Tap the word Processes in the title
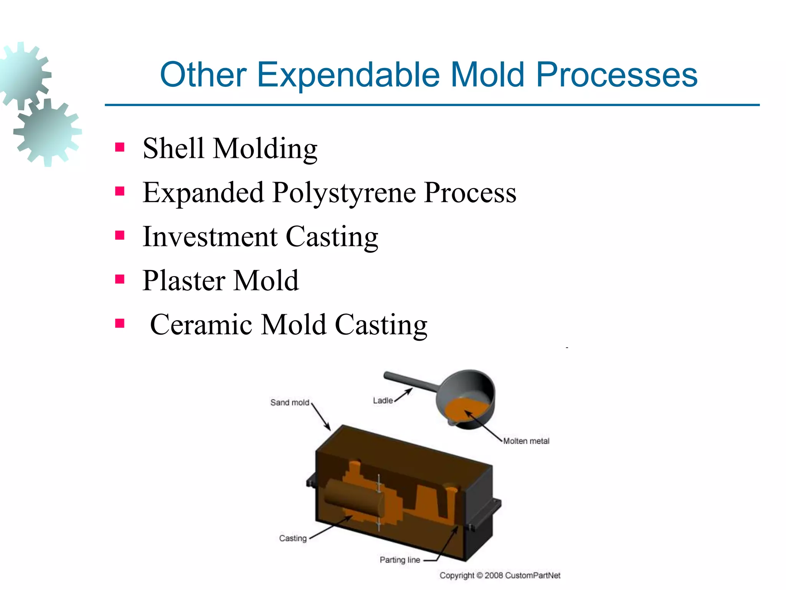click(616, 75)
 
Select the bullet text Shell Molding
click(230, 148)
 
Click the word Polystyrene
click(343, 192)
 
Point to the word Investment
click(210, 237)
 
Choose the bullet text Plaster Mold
click(220, 281)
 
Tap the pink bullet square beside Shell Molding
click(120, 147)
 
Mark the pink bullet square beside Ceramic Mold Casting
click(120, 323)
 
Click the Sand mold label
click(289, 403)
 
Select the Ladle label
click(383, 401)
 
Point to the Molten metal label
click(526, 441)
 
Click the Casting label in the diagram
click(292, 539)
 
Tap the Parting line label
click(400, 560)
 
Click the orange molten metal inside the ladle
click(466, 411)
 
